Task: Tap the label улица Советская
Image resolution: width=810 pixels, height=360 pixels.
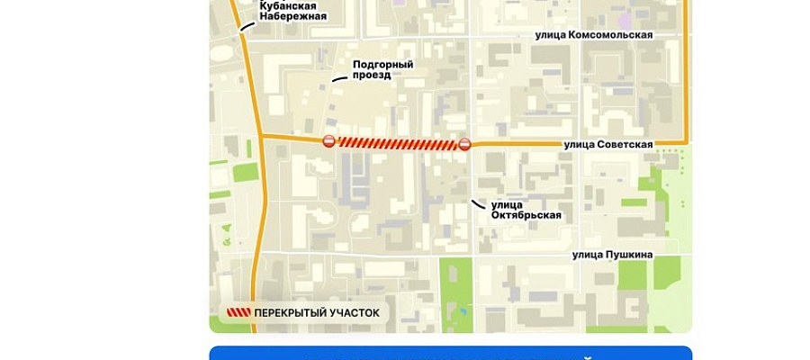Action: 607,144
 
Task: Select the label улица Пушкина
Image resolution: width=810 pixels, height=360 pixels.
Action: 613,255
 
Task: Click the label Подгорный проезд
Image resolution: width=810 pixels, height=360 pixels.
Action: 382,70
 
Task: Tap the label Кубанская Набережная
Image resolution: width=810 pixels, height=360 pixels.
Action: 292,11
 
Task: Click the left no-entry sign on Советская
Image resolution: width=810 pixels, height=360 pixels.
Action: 329,141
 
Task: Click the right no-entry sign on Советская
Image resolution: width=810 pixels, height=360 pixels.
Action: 464,144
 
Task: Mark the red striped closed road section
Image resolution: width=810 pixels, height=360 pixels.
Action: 397,143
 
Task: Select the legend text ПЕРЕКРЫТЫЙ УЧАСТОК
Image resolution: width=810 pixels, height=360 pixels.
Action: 317,313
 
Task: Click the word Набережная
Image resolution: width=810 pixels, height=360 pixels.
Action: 292,16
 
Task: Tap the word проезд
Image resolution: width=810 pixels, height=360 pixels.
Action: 372,76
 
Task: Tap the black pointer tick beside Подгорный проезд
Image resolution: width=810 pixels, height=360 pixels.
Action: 338,79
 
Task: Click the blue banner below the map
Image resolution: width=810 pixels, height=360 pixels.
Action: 450,353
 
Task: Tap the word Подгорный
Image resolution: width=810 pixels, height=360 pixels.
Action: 382,65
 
